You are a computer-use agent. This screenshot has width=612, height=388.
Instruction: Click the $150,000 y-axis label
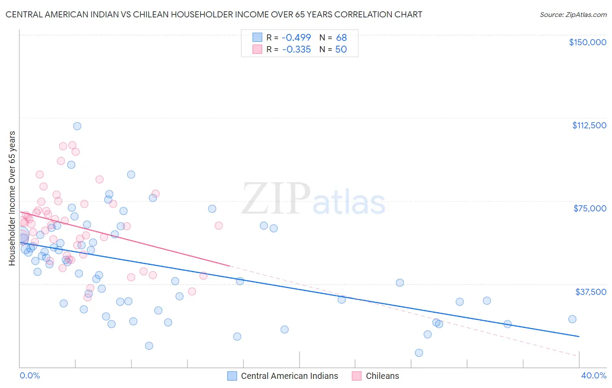point(587,42)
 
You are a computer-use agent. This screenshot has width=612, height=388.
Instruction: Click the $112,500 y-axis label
point(589,125)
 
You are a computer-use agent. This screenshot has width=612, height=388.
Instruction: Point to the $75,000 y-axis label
point(590,208)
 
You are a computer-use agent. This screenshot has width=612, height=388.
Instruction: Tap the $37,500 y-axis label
point(591,292)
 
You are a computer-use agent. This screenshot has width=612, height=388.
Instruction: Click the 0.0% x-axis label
point(30,375)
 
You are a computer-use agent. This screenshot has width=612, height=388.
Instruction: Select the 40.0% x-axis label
point(593,375)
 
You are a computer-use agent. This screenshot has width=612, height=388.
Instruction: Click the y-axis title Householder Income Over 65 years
point(12,198)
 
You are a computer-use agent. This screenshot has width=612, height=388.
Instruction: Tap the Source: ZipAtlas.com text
point(573,14)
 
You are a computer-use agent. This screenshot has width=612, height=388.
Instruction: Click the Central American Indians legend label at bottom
point(289,376)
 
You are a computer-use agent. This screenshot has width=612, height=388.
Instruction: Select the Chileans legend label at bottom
point(382,376)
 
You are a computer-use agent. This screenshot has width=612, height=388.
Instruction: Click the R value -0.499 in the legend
point(296,38)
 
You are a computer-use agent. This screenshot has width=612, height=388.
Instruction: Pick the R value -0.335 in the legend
point(296,50)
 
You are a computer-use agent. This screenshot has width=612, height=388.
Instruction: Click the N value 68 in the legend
point(341,38)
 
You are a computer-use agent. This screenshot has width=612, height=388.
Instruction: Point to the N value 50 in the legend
point(341,50)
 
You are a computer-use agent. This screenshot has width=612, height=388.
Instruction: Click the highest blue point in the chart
point(77,126)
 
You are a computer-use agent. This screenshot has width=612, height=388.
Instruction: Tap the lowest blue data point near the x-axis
point(419,353)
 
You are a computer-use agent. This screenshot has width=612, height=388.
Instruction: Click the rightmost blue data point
point(572,319)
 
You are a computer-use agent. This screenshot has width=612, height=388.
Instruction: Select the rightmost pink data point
point(219,226)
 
